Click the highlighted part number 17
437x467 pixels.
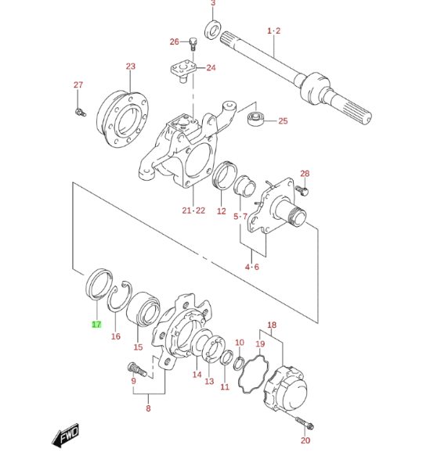pos(96,325)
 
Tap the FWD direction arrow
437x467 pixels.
pos(66,435)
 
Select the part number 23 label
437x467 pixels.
pos(131,66)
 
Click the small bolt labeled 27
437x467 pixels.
pos(80,113)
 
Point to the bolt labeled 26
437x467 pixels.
pos(193,44)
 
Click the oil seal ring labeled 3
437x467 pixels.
pos(213,29)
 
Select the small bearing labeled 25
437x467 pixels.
pos(256,118)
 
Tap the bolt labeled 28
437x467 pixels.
pos(302,190)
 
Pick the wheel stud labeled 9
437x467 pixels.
pos(137,369)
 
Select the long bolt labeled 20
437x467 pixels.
pos(305,422)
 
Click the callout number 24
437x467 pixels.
pos(211,68)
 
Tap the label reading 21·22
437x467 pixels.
pos(193,210)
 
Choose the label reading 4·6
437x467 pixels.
pos(252,267)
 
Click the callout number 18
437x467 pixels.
pos(272,325)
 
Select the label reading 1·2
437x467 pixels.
pos(274,31)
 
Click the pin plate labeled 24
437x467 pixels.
pos(183,70)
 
